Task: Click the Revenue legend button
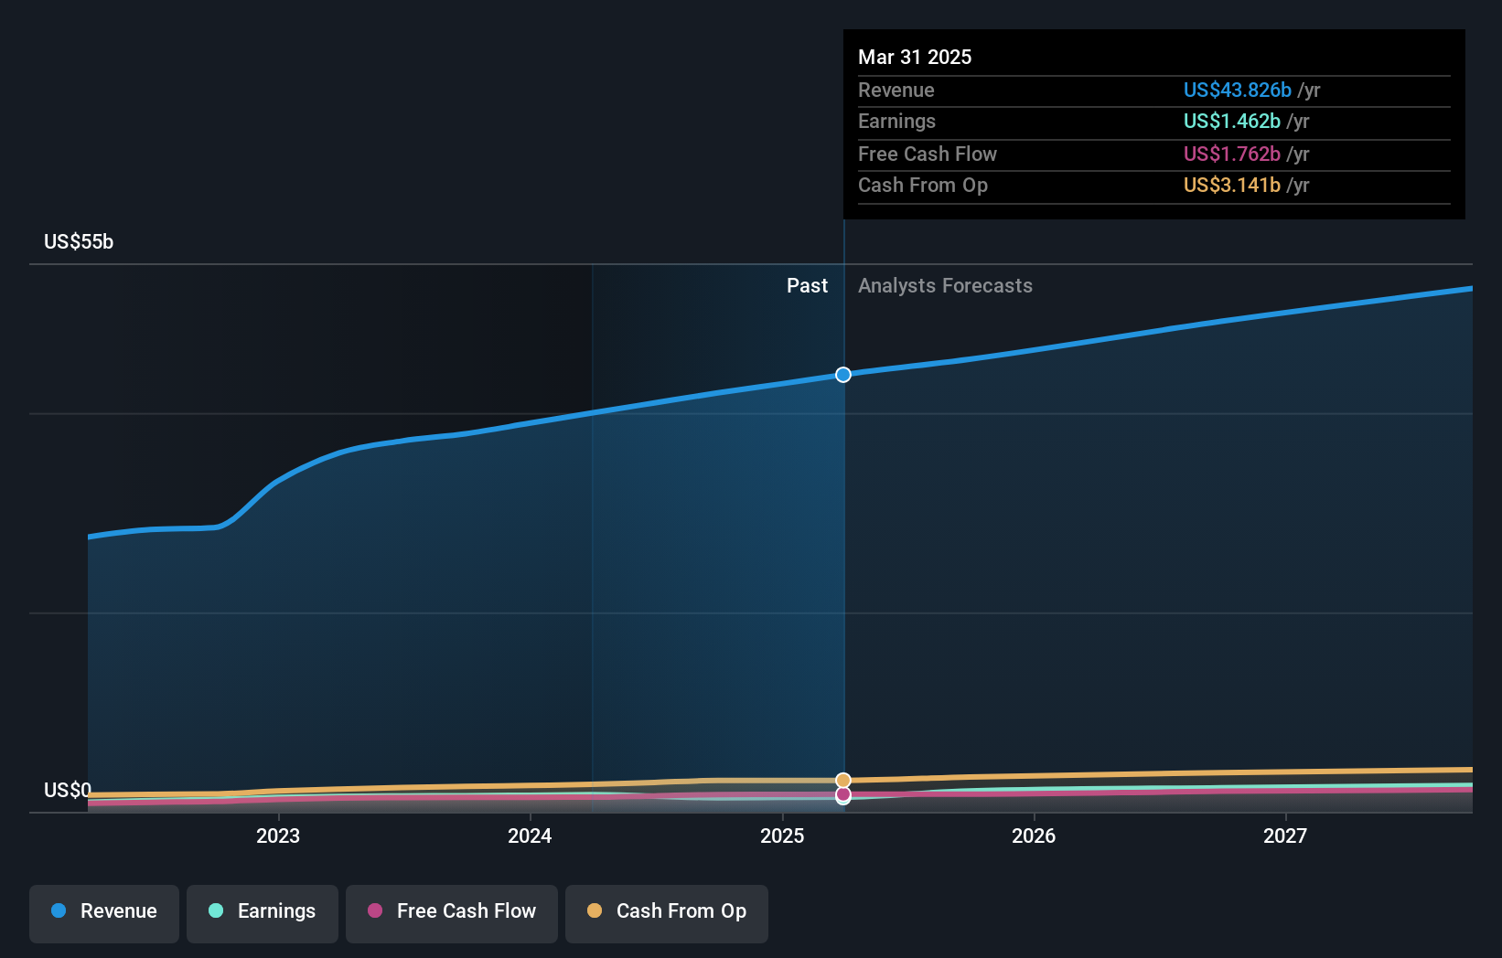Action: (x=104, y=911)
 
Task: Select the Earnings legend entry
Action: (x=263, y=911)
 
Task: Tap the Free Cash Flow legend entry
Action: (x=452, y=911)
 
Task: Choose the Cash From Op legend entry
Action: (x=667, y=911)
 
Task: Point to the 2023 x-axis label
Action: (x=278, y=836)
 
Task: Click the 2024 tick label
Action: (x=530, y=836)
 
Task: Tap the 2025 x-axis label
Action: (x=782, y=836)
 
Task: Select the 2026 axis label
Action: (x=1034, y=836)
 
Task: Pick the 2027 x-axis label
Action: (x=1285, y=836)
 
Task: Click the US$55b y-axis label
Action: (x=79, y=242)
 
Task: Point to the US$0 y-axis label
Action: (x=68, y=790)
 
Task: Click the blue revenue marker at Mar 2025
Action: (x=843, y=375)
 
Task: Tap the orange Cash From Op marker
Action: (x=843, y=781)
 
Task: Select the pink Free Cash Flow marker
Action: (x=843, y=794)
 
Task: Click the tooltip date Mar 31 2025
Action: (x=915, y=57)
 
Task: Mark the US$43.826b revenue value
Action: (x=1237, y=90)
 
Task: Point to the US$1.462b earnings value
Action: (x=1231, y=122)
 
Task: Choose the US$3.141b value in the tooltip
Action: (x=1231, y=186)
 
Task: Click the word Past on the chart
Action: (x=807, y=286)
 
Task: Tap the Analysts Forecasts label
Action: (x=945, y=286)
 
